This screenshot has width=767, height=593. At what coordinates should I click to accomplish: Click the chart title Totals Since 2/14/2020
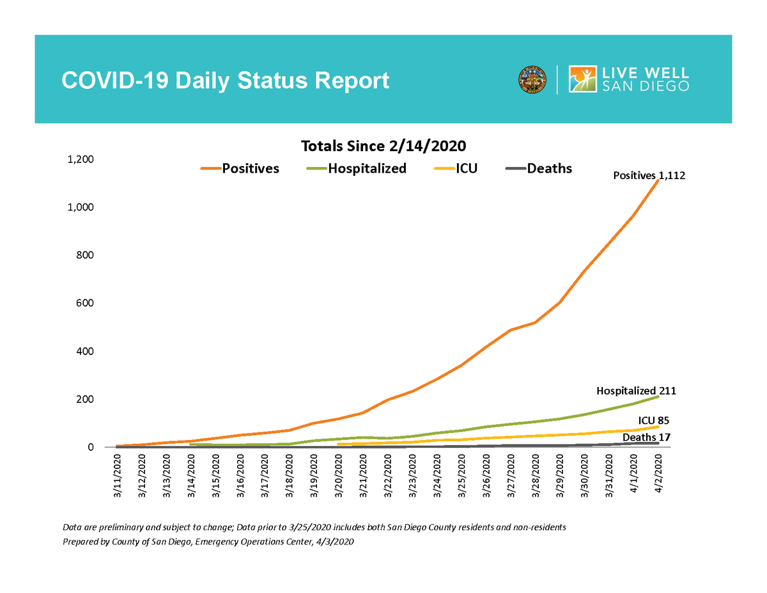pyautogui.click(x=383, y=145)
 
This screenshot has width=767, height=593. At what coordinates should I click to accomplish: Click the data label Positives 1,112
pyautogui.click(x=649, y=175)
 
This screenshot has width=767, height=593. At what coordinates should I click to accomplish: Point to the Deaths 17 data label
pyautogui.click(x=647, y=438)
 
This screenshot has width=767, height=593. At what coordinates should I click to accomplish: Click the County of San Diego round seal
pyautogui.click(x=532, y=79)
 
